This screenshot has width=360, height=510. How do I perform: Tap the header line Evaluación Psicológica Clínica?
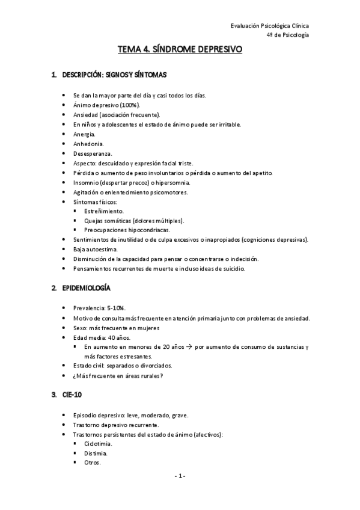270,26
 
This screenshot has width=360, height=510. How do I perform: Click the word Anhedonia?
88,144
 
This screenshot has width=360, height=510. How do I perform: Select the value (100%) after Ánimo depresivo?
130,105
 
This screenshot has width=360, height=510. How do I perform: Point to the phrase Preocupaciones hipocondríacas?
127,230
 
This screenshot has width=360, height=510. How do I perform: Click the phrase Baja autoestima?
96,249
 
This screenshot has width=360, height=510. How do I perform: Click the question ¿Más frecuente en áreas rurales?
118,376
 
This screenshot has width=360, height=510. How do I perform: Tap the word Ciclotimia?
99,444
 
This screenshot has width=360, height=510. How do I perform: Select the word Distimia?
97,453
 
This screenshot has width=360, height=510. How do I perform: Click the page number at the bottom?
180,476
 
